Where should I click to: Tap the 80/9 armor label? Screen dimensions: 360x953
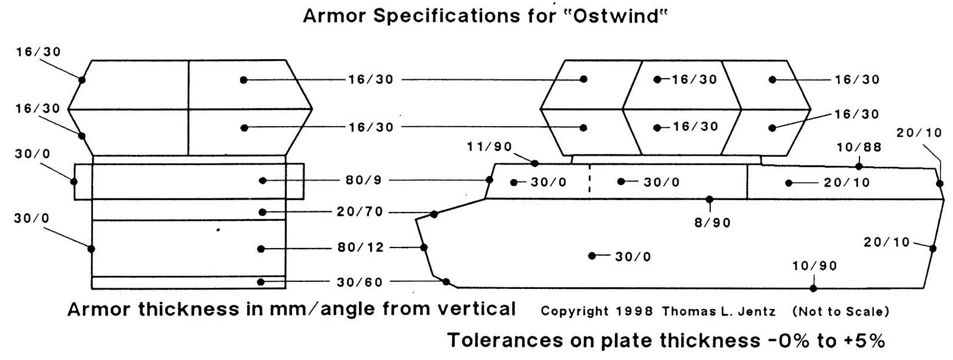[x=364, y=181]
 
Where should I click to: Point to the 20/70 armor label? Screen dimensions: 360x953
[x=360, y=212]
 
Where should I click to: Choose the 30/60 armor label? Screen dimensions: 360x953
[x=360, y=282]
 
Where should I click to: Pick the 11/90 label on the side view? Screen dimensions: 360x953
[x=489, y=147]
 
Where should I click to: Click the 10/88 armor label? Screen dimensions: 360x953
[x=859, y=147]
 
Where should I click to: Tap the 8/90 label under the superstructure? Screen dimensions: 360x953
[x=713, y=223]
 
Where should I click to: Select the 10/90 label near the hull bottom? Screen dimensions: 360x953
[x=814, y=266]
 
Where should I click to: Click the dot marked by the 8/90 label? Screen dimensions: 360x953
[x=710, y=200]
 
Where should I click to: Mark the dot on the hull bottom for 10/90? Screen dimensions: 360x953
[x=813, y=288]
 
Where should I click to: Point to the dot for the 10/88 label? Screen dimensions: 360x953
[x=859, y=166]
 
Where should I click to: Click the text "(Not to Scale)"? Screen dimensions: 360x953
[x=840, y=311]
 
